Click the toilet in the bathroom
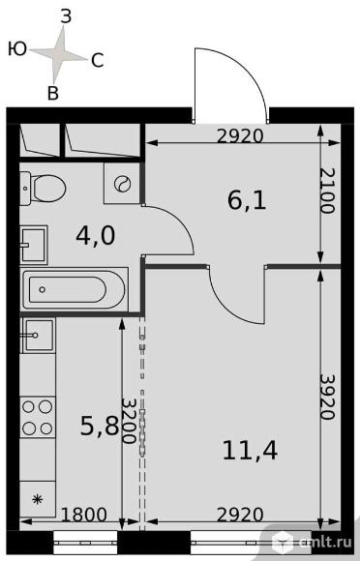(43, 188)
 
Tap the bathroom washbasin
(34, 245)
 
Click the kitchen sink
(38, 336)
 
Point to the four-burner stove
(37, 417)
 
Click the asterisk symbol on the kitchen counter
(37, 499)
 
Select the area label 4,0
(96, 236)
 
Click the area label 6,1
(247, 200)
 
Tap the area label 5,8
(100, 426)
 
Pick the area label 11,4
(250, 450)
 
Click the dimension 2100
(327, 191)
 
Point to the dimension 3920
(327, 397)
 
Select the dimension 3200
(129, 421)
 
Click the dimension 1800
(84, 515)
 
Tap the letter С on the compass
(98, 61)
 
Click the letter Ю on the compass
(17, 48)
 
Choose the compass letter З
(66, 16)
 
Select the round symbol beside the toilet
(122, 184)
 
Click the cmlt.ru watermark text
(325, 542)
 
